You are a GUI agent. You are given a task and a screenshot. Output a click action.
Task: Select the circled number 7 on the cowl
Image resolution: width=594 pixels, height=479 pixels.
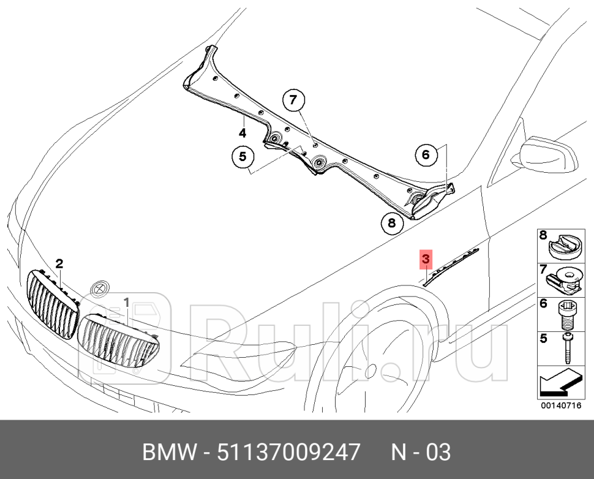click(293, 100)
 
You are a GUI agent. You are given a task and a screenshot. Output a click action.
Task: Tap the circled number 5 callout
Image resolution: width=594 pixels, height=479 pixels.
click(242, 157)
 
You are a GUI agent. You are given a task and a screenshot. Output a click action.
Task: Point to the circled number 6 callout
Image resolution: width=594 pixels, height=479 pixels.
click(426, 155)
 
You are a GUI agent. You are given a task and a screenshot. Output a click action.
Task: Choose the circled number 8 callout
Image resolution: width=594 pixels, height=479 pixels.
click(391, 222)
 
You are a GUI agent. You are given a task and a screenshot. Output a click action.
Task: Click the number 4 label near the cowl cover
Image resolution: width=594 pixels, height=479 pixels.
click(242, 132)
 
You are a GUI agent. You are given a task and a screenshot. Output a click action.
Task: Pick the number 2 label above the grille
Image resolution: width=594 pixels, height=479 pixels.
click(59, 264)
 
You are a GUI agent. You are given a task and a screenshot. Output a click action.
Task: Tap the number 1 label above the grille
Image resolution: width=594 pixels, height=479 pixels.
click(127, 302)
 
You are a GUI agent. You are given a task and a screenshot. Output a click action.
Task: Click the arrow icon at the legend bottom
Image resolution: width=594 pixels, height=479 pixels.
click(560, 383)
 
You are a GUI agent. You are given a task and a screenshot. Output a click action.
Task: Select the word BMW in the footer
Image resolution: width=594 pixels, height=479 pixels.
click(168, 453)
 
